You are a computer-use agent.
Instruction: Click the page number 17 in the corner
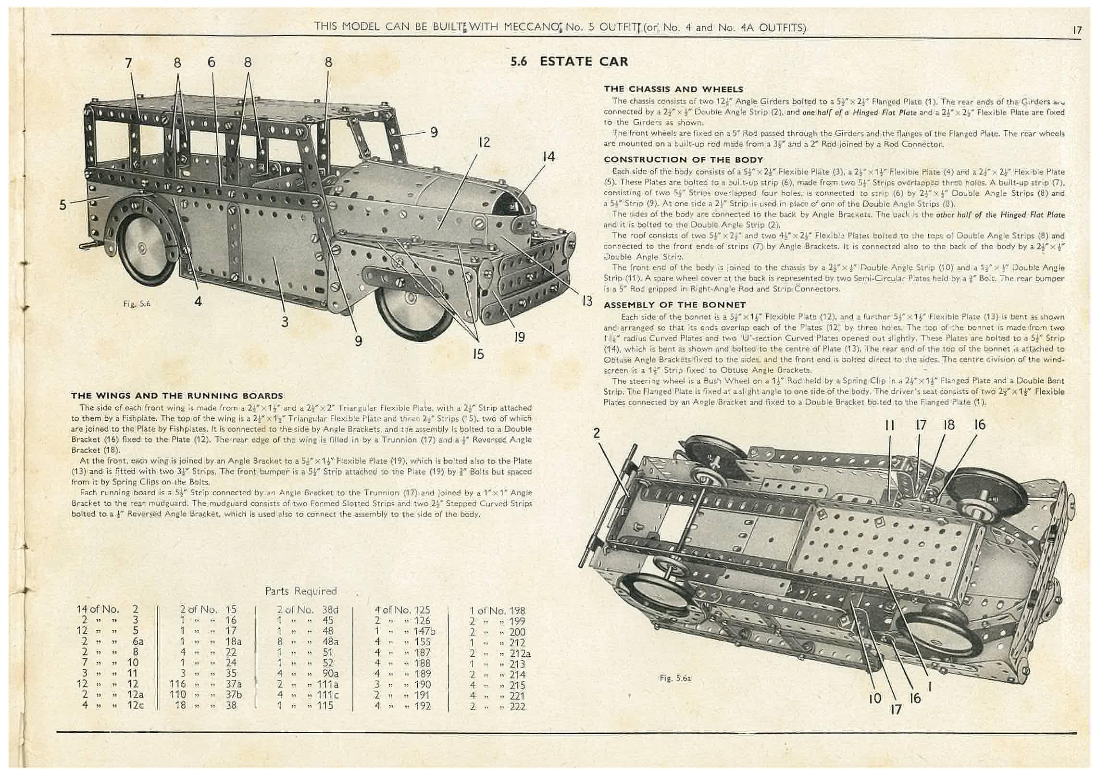point(1077,30)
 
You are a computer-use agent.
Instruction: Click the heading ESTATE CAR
point(584,62)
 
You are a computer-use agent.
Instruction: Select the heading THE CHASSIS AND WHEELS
point(673,89)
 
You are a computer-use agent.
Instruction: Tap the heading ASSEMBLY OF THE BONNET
point(674,305)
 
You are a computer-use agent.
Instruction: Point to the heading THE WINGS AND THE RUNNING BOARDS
point(177,396)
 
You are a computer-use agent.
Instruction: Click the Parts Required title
point(301,591)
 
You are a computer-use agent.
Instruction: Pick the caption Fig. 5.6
point(137,304)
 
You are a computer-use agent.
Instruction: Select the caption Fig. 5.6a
point(675,678)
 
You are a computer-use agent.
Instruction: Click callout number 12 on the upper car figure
point(484,143)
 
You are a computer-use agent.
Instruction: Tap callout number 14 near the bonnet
point(548,157)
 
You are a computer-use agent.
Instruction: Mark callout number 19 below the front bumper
point(520,337)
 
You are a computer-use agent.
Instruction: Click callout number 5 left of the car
point(63,205)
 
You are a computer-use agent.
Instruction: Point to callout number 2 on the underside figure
point(597,433)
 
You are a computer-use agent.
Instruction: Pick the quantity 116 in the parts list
point(177,684)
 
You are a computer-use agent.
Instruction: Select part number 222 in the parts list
point(517,706)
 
